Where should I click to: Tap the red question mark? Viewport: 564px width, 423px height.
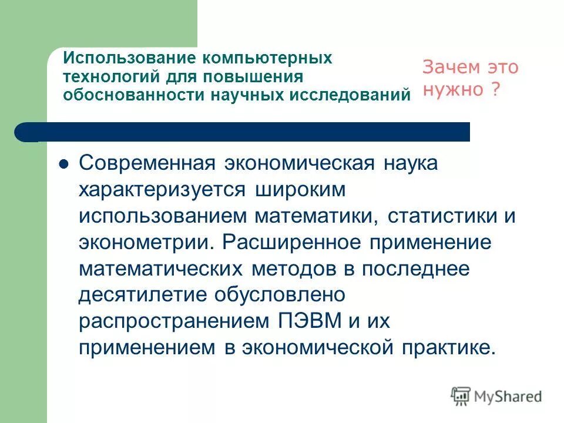tap(496, 90)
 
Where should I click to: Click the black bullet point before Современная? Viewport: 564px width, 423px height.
tap(65, 164)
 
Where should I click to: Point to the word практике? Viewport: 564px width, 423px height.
tap(448, 347)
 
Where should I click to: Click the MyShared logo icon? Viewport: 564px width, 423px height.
tap(461, 396)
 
